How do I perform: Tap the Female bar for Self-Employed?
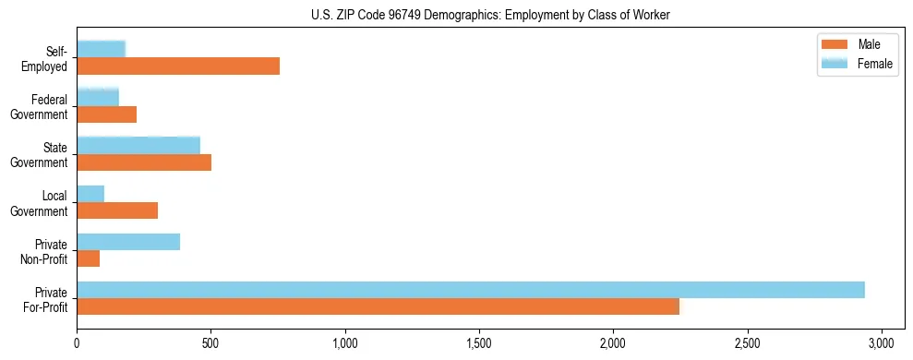pos(101,50)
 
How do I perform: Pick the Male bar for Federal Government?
pos(106,114)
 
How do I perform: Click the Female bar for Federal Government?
pos(98,98)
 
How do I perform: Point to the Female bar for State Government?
pos(138,146)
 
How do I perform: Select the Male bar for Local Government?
pos(117,210)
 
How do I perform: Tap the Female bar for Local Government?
pos(90,194)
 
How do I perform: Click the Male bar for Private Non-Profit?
pos(88,258)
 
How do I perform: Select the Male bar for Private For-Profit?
pos(378,306)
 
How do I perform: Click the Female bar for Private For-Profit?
pos(471,290)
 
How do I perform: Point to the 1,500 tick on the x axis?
pos(479,336)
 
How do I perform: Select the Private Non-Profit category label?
pos(47,250)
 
